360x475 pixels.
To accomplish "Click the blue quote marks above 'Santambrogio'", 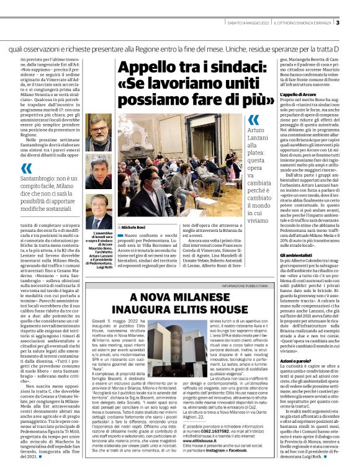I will pos(25,168).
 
